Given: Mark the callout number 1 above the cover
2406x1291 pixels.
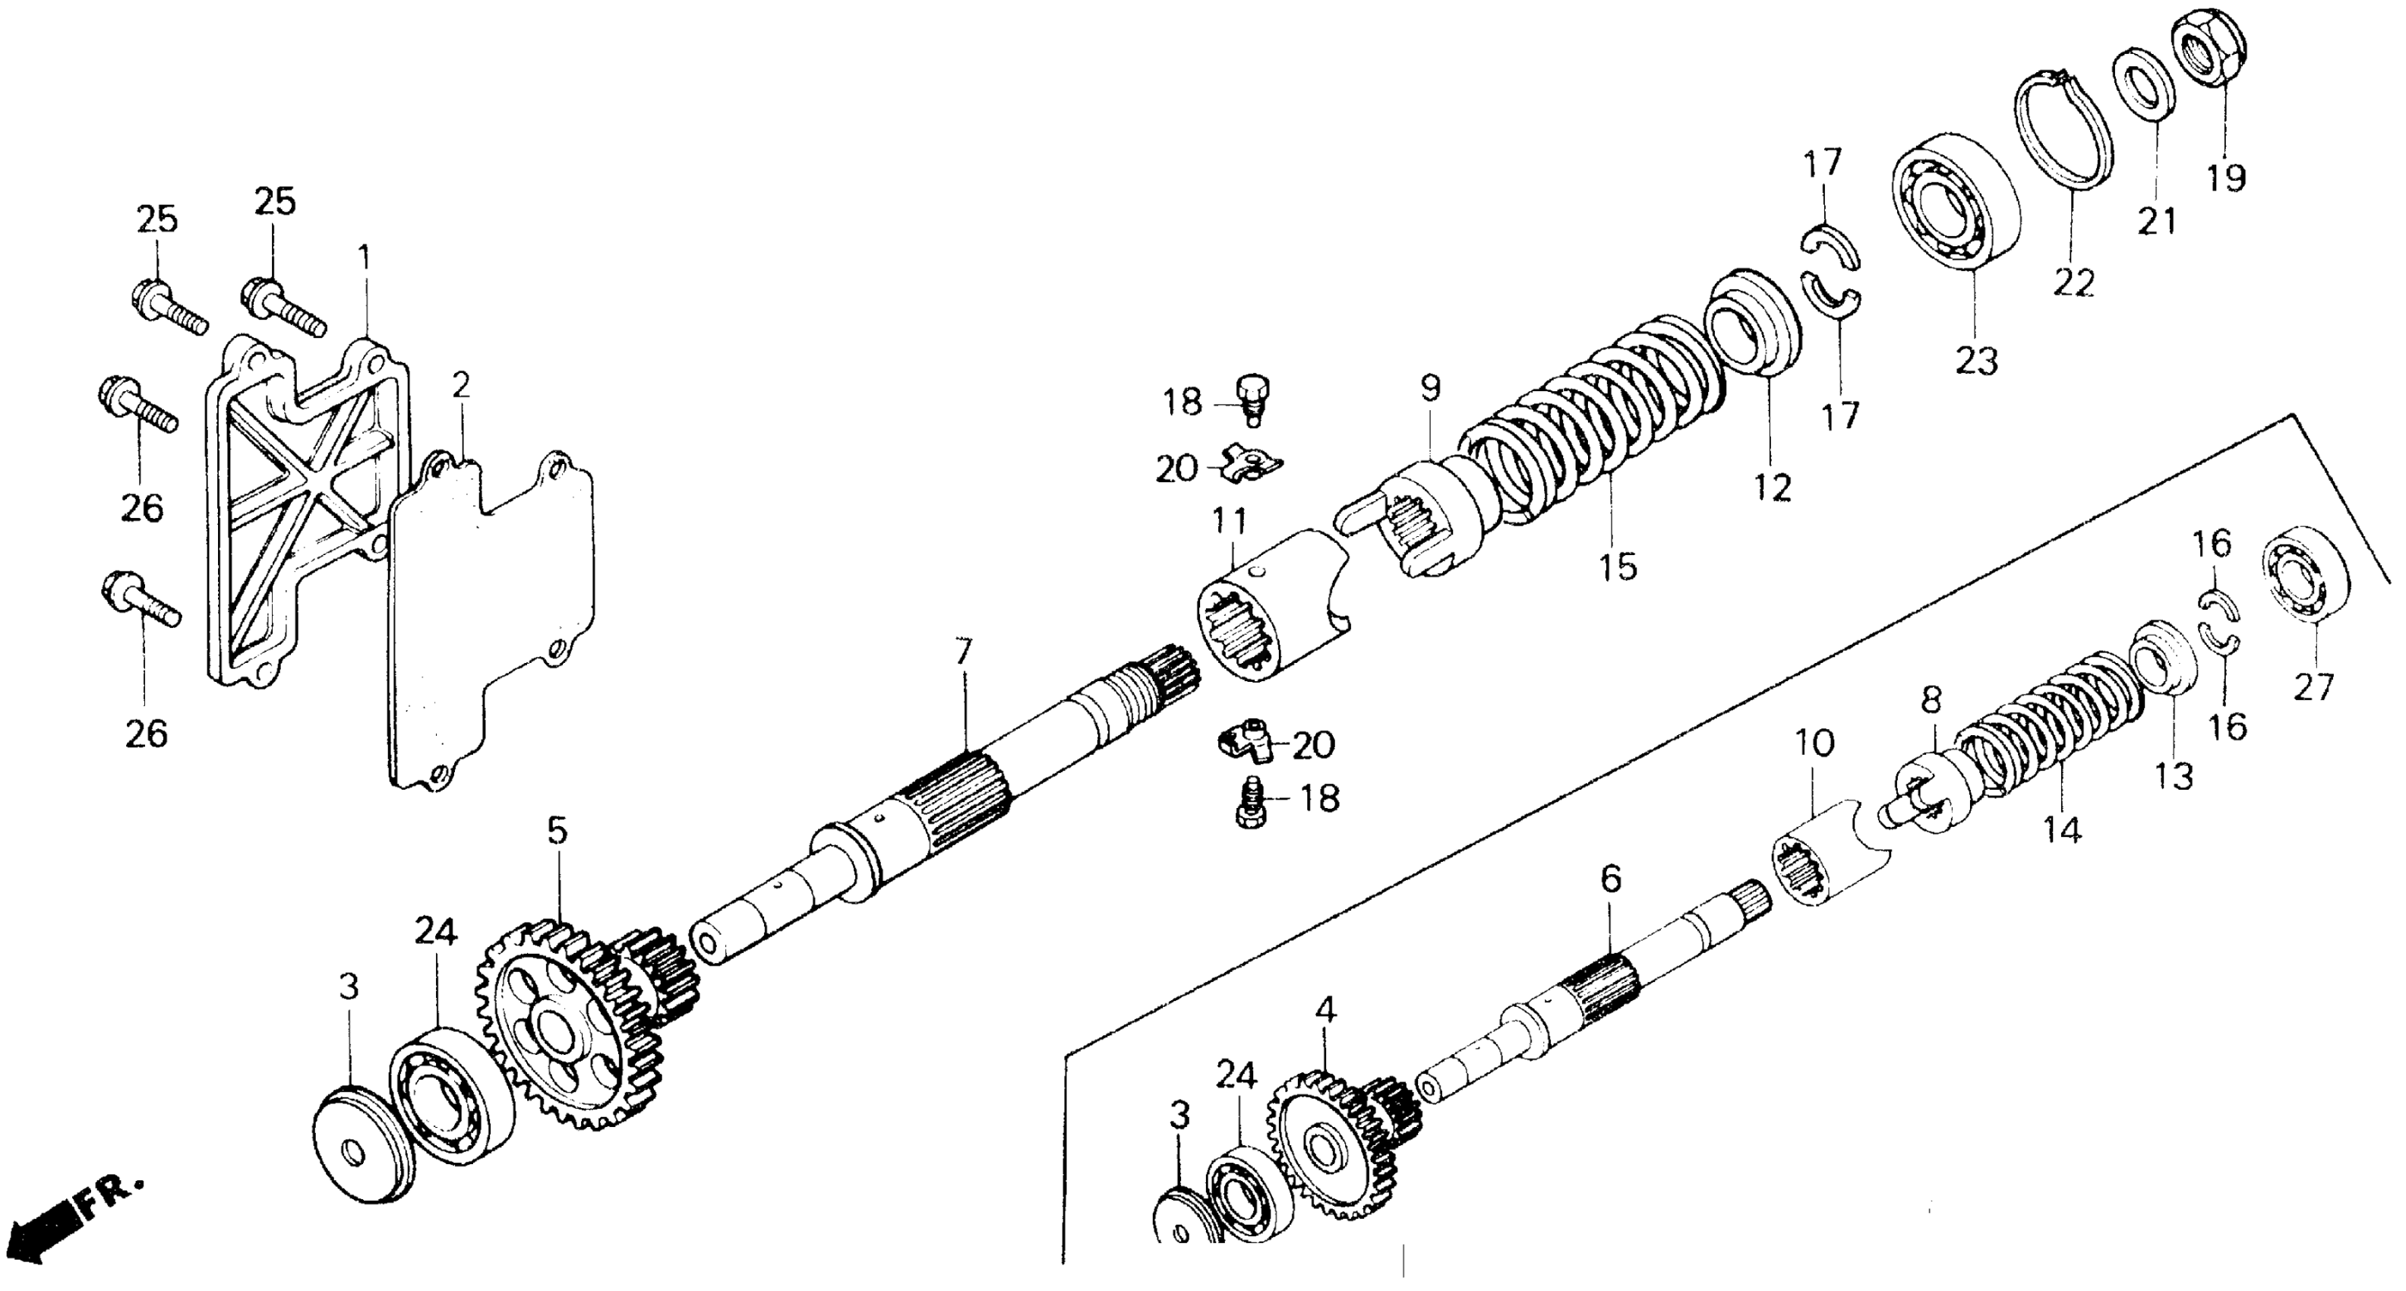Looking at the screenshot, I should [x=365, y=257].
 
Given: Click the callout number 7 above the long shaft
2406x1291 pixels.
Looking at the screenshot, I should [x=963, y=651].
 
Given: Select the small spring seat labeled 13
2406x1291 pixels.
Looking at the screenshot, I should [x=2167, y=669].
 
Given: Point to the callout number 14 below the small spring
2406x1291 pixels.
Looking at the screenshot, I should [x=2062, y=829].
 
